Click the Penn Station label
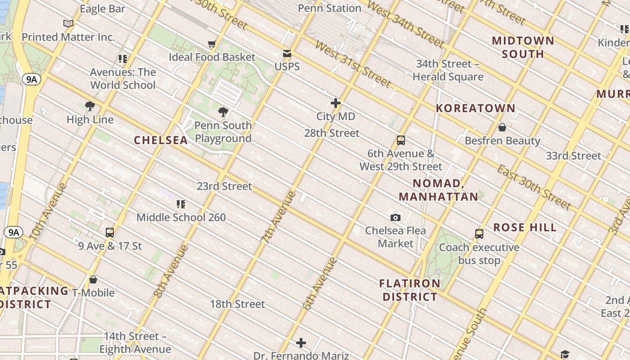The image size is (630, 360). tap(330, 8)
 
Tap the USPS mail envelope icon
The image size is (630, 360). tap(287, 54)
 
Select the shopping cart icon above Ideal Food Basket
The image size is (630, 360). tap(212, 44)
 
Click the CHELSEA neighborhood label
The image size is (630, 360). tap(161, 140)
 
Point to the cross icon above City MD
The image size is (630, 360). tap(336, 103)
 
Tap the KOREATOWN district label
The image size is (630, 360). tap(476, 108)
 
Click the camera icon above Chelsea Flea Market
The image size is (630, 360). tap(396, 217)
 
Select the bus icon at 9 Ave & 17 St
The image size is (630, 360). tap(110, 233)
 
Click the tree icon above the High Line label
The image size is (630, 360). tap(90, 106)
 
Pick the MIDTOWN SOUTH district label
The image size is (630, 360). tap(523, 47)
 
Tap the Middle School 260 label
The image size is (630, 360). tap(181, 217)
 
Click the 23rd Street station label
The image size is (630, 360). tap(224, 186)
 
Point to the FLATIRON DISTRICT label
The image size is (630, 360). tap(409, 290)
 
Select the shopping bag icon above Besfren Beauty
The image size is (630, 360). tap(502, 127)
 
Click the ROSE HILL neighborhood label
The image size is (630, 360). tap(525, 227)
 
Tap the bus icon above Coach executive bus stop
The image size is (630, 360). tap(479, 234)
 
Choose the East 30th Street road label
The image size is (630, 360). tap(533, 186)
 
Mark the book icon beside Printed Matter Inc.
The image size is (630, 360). tap(68, 23)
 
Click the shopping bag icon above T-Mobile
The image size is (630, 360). tap(93, 279)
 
